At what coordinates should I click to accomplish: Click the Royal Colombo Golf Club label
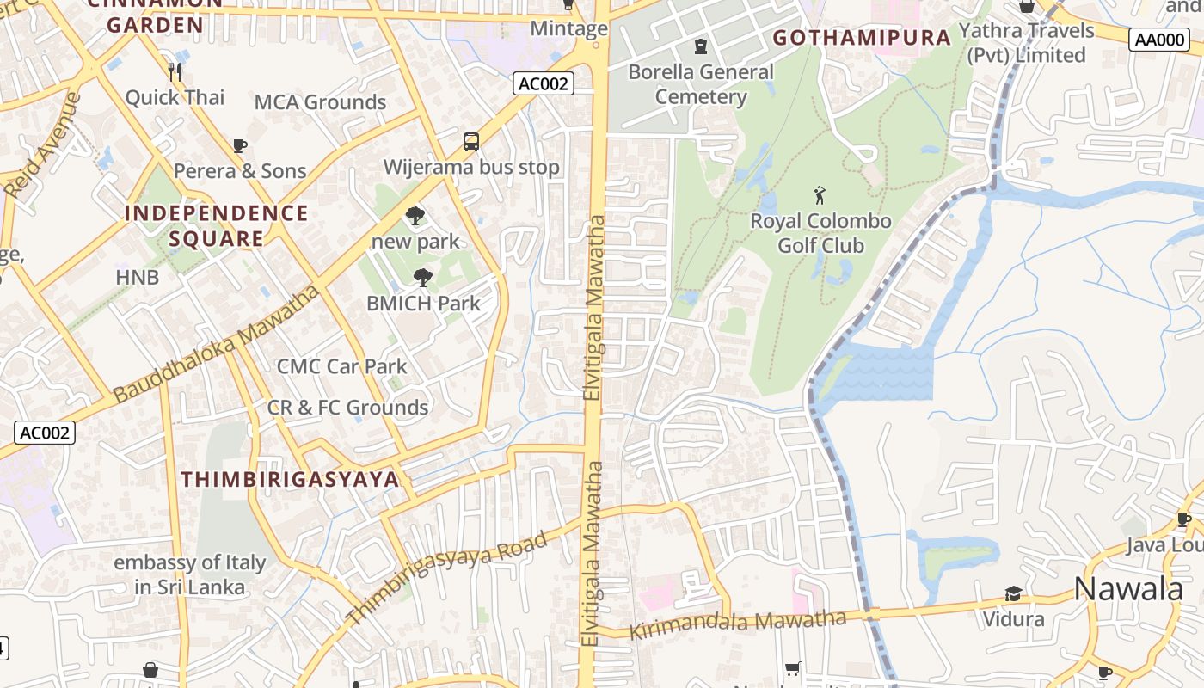click(821, 233)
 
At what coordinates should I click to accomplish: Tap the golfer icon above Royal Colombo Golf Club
click(820, 195)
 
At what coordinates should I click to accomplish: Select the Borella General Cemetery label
click(701, 84)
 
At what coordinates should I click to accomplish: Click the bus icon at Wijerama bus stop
click(471, 142)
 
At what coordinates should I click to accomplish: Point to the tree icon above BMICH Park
click(422, 278)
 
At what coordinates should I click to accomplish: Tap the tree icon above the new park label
click(415, 216)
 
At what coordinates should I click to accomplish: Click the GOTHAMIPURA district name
click(862, 38)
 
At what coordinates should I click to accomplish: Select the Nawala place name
click(1128, 589)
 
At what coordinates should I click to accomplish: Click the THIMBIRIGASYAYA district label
click(290, 480)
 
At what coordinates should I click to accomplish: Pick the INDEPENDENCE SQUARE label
click(217, 225)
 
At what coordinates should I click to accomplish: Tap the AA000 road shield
click(1158, 40)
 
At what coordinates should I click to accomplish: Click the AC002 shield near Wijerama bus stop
click(544, 83)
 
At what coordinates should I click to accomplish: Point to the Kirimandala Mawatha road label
click(738, 624)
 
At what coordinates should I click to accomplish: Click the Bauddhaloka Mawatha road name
click(215, 344)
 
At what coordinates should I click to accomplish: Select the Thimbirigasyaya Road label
click(446, 578)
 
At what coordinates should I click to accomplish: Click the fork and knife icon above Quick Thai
click(175, 71)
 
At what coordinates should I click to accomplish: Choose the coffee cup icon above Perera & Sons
click(240, 145)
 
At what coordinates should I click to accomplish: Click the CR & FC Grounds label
click(347, 408)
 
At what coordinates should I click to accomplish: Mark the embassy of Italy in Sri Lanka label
click(190, 575)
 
